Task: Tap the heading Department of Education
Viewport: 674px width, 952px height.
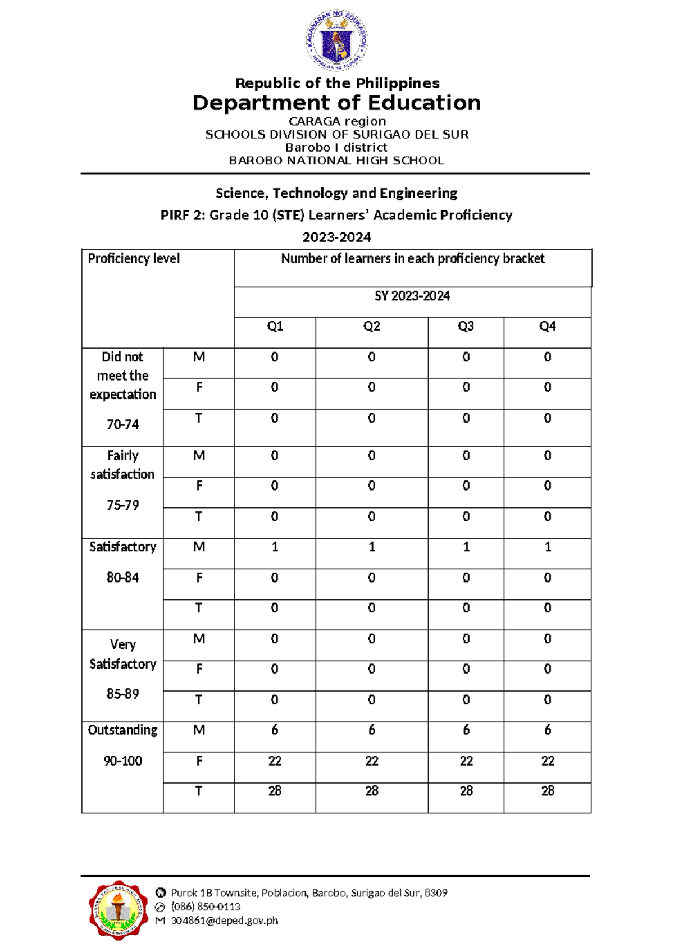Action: [336, 103]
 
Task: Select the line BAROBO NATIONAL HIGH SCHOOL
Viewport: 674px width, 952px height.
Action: [336, 161]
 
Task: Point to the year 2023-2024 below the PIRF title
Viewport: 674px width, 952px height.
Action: [336, 237]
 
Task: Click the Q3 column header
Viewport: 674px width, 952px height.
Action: [466, 326]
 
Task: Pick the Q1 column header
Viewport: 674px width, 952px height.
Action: [275, 326]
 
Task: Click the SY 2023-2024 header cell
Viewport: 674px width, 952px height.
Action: [412, 296]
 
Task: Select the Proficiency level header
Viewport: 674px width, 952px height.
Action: [134, 258]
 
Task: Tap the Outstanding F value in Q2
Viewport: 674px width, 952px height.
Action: [371, 761]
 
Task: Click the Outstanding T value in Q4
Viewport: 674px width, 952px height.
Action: [548, 791]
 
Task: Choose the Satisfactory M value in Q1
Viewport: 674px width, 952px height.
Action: [275, 547]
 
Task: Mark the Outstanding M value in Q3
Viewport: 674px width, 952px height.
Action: [466, 730]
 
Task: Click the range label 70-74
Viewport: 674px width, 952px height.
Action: [122, 424]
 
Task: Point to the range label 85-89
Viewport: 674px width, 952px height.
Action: [122, 694]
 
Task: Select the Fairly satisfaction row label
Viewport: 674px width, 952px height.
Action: [122, 465]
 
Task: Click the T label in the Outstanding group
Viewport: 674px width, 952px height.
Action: [198, 791]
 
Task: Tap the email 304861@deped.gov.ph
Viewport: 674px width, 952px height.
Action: [224, 921]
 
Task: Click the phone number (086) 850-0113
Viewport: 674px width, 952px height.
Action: [206, 907]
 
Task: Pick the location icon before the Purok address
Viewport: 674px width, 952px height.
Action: [161, 893]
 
